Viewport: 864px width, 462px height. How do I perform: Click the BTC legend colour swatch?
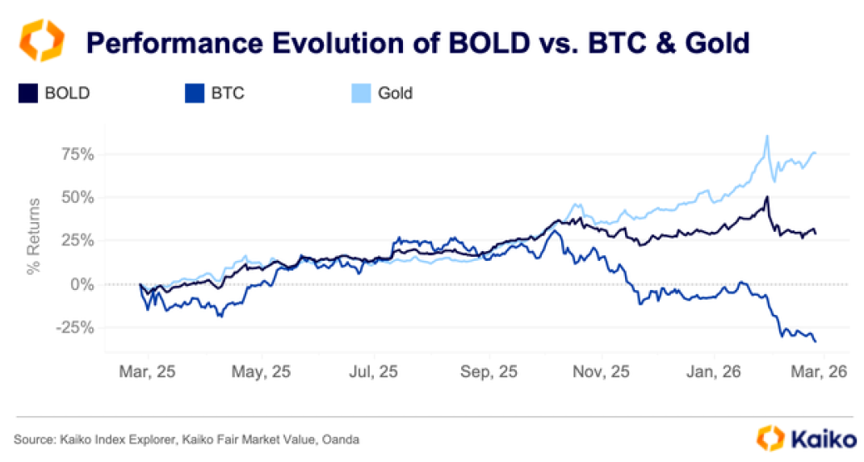click(x=193, y=93)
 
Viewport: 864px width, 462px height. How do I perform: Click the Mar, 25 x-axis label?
click(x=146, y=372)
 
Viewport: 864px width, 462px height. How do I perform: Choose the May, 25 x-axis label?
click(x=260, y=372)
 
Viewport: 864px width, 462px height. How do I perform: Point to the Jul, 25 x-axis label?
click(x=373, y=372)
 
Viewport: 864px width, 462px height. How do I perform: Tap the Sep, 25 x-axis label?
click(x=488, y=372)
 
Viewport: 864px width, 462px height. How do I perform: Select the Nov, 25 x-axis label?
click(x=602, y=372)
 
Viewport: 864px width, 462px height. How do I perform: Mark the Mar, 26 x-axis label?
click(x=817, y=372)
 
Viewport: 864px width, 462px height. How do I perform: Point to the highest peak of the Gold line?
click(x=766, y=136)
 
